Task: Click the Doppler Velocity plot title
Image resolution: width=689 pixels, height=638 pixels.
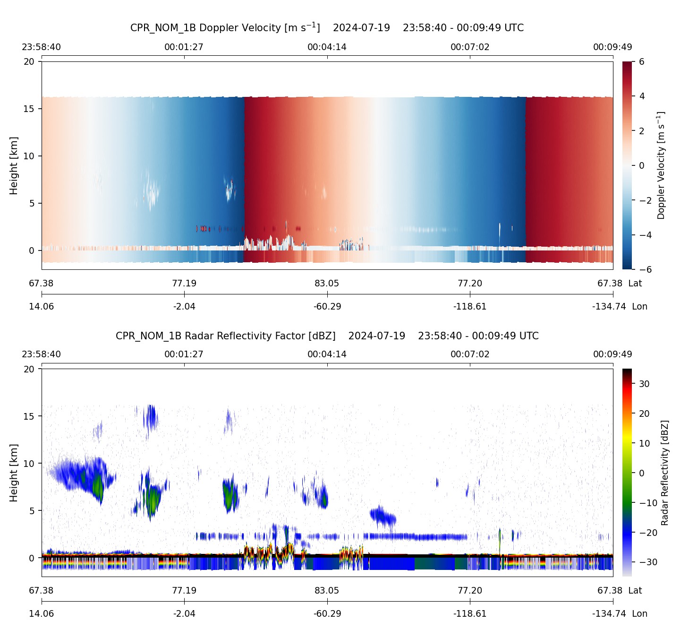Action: pyautogui.click(x=327, y=27)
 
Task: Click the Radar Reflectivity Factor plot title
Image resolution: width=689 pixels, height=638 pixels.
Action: pyautogui.click(x=327, y=336)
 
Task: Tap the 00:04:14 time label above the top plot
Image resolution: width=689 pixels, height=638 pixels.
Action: pyautogui.click(x=327, y=47)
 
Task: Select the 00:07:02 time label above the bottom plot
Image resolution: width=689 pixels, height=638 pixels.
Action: pyautogui.click(x=470, y=354)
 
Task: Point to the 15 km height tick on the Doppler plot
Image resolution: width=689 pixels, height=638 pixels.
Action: pyautogui.click(x=32, y=109)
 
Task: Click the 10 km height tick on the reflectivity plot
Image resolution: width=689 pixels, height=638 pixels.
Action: pyautogui.click(x=29, y=463)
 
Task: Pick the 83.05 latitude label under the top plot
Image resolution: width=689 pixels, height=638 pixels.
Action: pyautogui.click(x=327, y=283)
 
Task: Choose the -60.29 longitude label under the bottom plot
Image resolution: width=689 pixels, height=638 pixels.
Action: pyautogui.click(x=327, y=613)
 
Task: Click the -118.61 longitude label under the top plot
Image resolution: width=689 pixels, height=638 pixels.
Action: pyautogui.click(x=470, y=306)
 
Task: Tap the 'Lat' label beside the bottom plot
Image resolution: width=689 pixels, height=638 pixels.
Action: pyautogui.click(x=635, y=590)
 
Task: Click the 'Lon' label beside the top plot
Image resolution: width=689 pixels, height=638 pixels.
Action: pyautogui.click(x=639, y=306)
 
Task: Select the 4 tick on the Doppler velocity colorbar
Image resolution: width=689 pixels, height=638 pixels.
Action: pyautogui.click(x=642, y=96)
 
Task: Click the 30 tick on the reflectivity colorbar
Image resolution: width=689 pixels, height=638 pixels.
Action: pyautogui.click(x=644, y=384)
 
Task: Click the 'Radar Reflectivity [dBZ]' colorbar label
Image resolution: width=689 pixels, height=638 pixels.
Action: pyautogui.click(x=665, y=473)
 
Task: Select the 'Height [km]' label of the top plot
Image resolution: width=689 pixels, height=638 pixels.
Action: pyautogui.click(x=14, y=165)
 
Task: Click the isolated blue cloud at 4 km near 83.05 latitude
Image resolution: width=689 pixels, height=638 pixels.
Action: pyautogui.click(x=383, y=517)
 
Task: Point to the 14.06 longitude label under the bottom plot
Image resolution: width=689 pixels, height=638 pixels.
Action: pyautogui.click(x=42, y=613)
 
